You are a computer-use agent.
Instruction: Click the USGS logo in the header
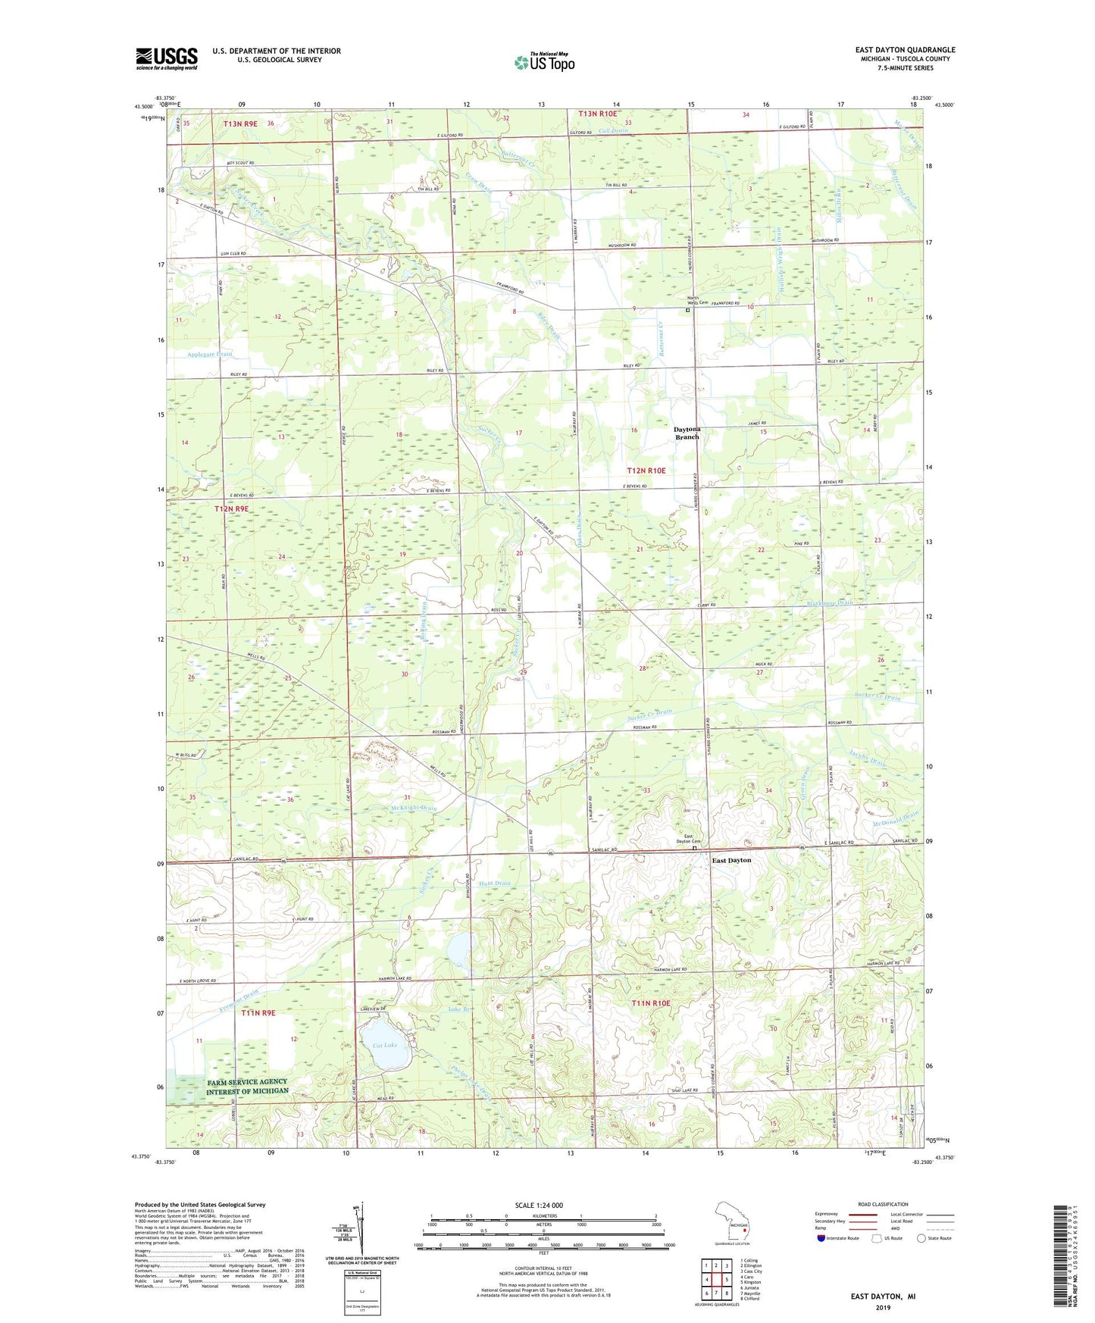166,58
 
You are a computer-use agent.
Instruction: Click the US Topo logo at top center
544,61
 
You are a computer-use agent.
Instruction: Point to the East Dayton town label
731,860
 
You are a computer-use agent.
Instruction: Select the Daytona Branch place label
687,433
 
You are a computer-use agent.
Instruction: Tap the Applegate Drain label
210,354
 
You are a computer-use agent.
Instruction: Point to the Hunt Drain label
495,884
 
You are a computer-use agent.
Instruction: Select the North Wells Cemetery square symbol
688,310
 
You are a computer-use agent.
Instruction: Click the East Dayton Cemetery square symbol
696,849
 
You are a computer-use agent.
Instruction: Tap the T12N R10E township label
646,471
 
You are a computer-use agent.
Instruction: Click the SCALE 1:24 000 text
539,1205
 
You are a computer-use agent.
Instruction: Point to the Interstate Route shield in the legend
821,1238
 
